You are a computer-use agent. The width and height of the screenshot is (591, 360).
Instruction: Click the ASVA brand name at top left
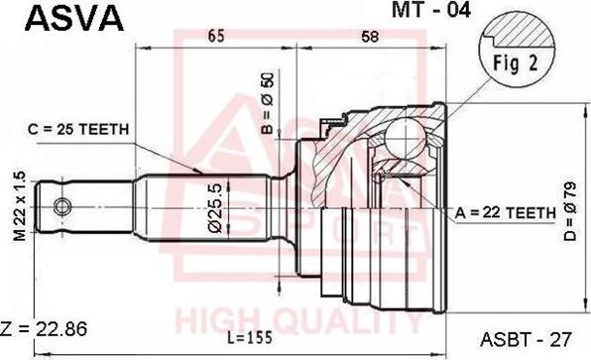(x=73, y=19)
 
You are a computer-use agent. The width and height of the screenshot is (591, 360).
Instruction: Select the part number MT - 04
(x=431, y=10)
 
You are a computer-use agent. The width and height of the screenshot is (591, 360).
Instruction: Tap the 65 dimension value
(x=216, y=36)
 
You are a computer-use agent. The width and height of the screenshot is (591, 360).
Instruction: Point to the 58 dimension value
(x=369, y=37)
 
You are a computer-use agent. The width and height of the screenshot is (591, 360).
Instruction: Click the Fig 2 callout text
(x=516, y=62)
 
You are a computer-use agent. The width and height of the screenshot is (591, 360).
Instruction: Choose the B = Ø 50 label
(x=268, y=103)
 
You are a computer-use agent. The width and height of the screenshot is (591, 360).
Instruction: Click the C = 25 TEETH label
(x=78, y=129)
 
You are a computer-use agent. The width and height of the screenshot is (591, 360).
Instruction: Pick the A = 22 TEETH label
(x=506, y=213)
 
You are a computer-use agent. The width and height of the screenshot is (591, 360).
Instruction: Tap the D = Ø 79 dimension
(x=570, y=211)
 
